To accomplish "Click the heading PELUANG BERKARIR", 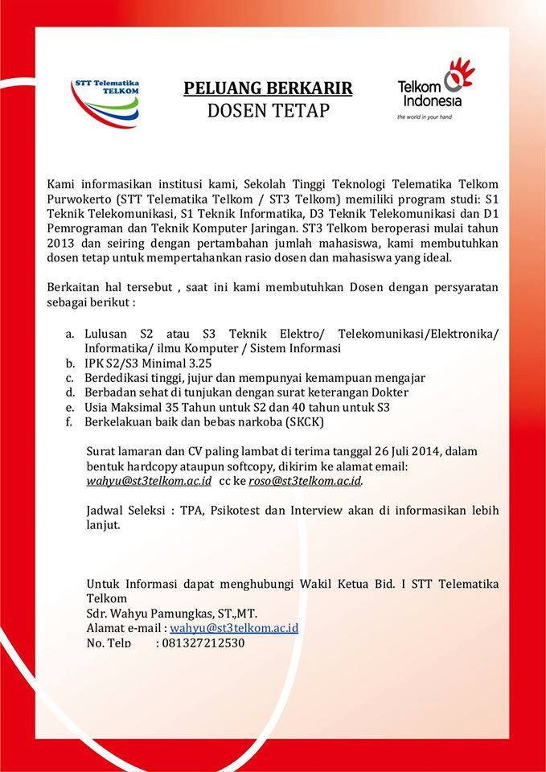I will coord(268,88).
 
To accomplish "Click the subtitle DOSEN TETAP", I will coord(268,111).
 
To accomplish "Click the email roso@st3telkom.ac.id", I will coord(305,481).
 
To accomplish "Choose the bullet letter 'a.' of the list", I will coord(70,334).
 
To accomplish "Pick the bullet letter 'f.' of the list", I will coord(69,421).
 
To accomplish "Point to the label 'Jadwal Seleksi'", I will coord(122,510).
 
